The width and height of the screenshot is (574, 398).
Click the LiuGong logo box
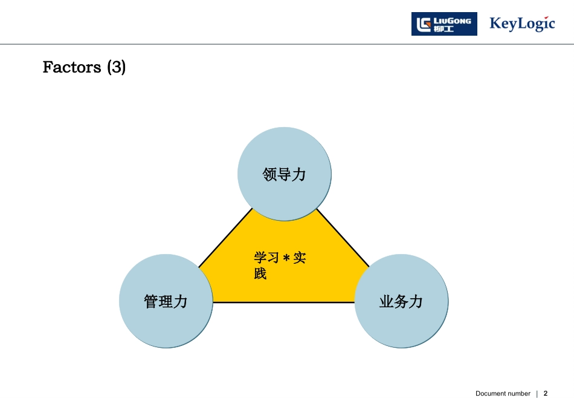pos(444,24)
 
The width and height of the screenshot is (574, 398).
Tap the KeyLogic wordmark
pos(522,24)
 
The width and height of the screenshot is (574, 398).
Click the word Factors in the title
pos(72,67)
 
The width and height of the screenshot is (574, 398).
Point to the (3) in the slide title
pos(117,67)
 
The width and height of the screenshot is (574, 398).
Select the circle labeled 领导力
pos(285,174)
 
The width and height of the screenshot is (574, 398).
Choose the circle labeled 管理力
pos(166,301)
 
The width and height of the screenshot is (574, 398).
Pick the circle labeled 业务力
pos(401,301)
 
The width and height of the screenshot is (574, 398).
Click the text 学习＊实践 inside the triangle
pos(280,266)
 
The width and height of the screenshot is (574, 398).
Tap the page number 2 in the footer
pos(546,393)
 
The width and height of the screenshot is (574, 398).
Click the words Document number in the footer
pos(503,393)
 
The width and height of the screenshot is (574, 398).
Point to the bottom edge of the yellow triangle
pos(284,302)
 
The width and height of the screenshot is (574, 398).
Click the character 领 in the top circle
pos(269,175)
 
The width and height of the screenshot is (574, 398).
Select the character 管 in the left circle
pos(151,301)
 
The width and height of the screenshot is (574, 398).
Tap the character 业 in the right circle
pos(386,301)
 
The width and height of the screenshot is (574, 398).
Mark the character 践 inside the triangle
pos(260,273)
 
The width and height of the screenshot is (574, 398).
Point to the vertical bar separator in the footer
pos(537,393)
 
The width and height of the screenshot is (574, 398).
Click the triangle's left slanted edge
pos(225,238)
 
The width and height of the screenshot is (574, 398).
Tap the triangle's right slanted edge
pos(343,238)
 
